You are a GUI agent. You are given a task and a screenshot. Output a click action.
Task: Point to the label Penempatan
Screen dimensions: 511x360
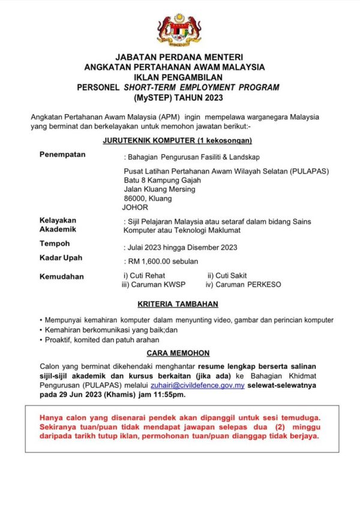(62, 154)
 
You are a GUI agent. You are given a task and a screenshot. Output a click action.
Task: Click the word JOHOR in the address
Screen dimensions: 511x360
(134, 207)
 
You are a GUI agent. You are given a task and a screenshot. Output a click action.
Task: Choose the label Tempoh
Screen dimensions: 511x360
(55, 244)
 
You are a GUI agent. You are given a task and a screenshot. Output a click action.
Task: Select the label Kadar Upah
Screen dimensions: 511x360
(61, 258)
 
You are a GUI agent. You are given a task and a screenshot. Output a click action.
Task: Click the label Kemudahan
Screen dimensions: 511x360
(62, 277)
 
